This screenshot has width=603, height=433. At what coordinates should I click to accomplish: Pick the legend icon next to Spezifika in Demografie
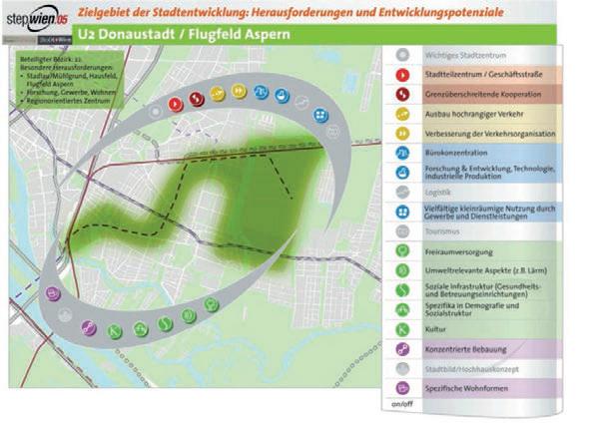tap(401, 309)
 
